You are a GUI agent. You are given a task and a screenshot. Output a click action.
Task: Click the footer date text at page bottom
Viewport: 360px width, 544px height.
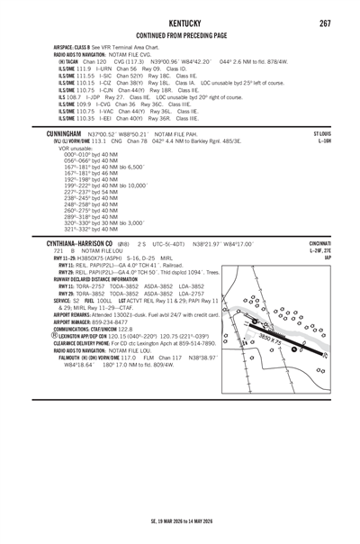click(x=179, y=521)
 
